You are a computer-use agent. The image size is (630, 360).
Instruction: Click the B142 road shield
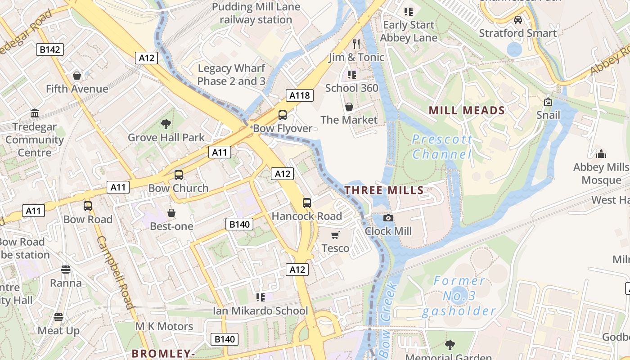point(49,49)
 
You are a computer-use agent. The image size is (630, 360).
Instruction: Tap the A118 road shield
point(299,95)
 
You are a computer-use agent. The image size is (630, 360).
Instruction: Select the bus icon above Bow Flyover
point(283,115)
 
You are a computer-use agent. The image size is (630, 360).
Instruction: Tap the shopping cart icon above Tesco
point(335,235)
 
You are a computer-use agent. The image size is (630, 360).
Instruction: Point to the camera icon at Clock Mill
point(388,218)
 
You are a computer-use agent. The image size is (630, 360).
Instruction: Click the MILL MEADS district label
point(466,111)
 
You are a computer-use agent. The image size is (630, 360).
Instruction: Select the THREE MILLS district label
point(384,190)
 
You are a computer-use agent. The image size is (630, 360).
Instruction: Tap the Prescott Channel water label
point(442,147)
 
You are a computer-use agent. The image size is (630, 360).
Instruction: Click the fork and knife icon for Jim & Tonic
point(356,44)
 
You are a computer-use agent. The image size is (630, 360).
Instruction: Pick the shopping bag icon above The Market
point(349,107)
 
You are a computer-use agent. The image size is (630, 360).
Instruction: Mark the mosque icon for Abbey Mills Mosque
point(601,154)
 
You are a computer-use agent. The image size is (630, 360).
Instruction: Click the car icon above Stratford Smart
point(518,20)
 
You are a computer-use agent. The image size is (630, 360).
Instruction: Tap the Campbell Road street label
point(116,272)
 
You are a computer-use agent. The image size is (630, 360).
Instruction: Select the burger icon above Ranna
point(66,270)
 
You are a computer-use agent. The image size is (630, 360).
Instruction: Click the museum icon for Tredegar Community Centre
point(35,113)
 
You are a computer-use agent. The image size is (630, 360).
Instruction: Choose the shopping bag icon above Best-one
point(171,213)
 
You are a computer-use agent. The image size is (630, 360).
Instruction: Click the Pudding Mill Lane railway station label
point(256,13)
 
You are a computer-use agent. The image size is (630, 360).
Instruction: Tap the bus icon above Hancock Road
point(307,203)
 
